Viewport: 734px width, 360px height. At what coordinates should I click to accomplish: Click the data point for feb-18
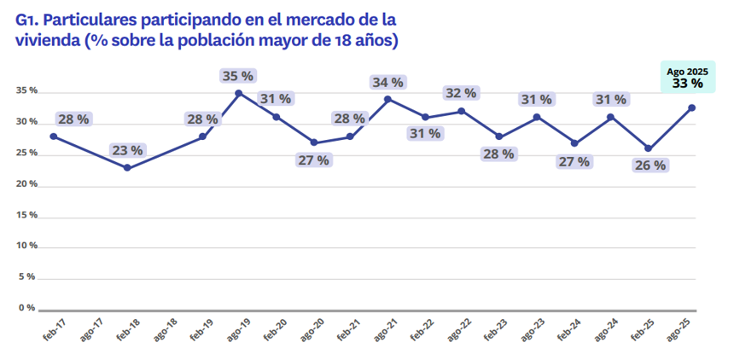[127, 168]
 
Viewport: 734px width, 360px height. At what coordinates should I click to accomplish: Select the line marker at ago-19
[238, 93]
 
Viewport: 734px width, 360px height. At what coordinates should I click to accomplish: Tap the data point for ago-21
[387, 99]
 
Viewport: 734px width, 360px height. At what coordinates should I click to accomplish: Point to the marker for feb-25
[649, 148]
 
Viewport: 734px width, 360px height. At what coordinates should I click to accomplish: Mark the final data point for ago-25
[691, 107]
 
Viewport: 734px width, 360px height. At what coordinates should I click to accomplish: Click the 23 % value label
[127, 150]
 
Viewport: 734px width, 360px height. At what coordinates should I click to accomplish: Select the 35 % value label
[238, 76]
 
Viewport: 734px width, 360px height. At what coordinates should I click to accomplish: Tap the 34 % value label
[387, 82]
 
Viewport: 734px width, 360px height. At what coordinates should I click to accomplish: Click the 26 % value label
[649, 165]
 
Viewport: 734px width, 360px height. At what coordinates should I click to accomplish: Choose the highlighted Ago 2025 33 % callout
[687, 78]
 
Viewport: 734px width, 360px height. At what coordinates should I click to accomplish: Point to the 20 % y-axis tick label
[26, 184]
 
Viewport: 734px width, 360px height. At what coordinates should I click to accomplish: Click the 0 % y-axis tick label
[28, 307]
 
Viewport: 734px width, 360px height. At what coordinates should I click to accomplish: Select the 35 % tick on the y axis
[26, 90]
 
